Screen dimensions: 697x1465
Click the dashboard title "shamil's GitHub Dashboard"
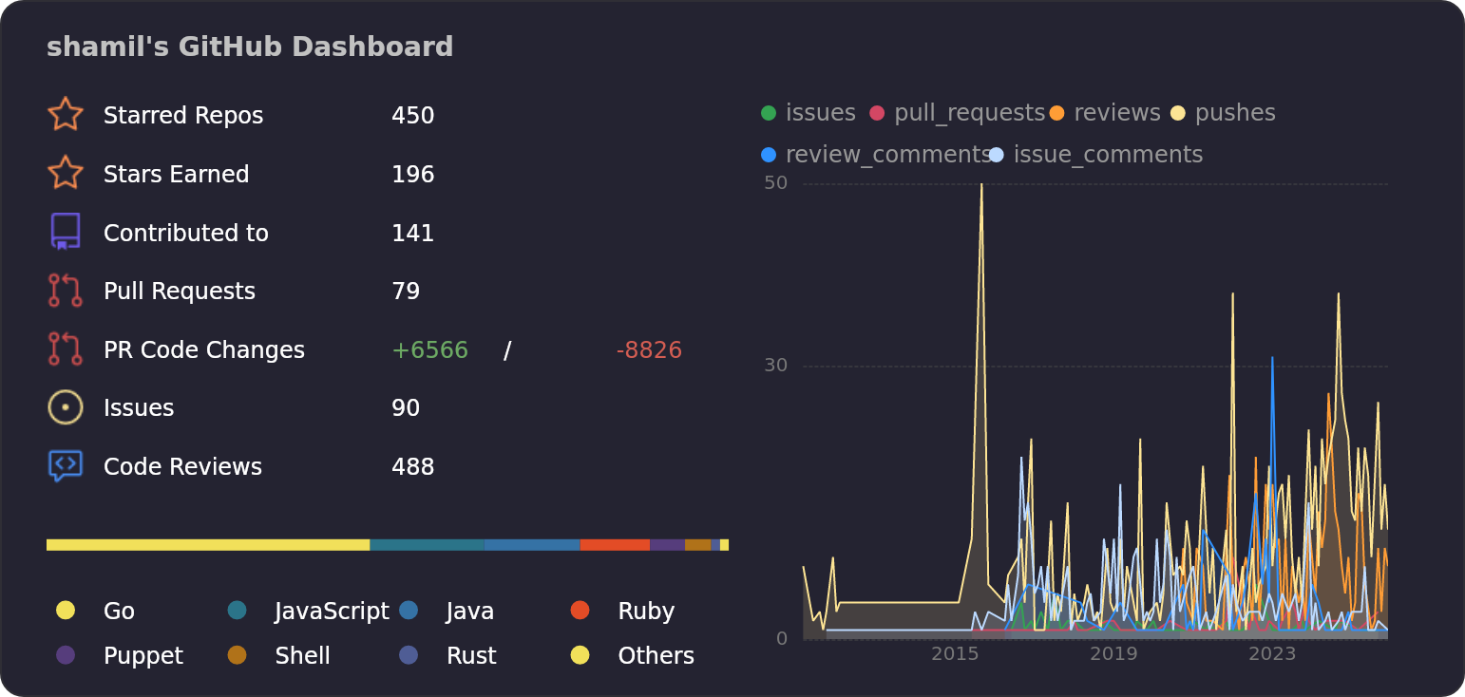[x=250, y=47]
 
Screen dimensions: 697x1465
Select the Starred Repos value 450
[x=412, y=116]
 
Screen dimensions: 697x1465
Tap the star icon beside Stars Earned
[x=65, y=174]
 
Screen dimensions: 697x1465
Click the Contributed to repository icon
[x=65, y=232]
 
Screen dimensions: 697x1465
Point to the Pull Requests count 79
[x=406, y=292]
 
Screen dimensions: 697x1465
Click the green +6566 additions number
[x=429, y=350]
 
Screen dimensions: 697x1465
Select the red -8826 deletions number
[x=649, y=350]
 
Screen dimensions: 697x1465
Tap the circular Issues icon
[x=65, y=407]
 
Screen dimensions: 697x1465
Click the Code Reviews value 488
[x=412, y=467]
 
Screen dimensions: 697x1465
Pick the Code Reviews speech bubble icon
[x=65, y=465]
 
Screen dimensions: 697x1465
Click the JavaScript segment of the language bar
[x=427, y=545]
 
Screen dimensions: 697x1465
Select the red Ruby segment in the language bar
[x=615, y=545]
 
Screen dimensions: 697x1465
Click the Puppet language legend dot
[x=66, y=655]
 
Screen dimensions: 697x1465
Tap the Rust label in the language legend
[x=471, y=656]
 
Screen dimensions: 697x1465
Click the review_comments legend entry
[x=877, y=155]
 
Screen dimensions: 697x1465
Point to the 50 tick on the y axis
[x=775, y=182]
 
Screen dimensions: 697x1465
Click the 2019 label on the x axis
[x=1113, y=653]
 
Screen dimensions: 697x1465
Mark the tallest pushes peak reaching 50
[x=981, y=186]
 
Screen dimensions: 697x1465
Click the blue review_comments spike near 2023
[x=1272, y=359]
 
